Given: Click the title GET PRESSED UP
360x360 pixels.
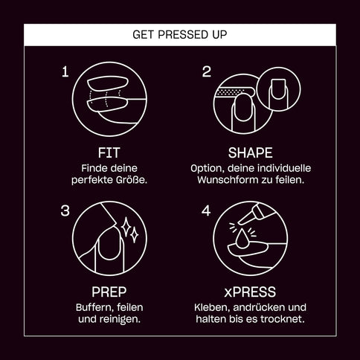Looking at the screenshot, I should point(179,34).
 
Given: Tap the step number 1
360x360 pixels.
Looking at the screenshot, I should point(65,71).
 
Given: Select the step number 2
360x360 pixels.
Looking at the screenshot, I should point(207,71).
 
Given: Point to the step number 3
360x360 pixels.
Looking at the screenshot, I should point(65,211).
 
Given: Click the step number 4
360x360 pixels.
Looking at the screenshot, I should point(207,211).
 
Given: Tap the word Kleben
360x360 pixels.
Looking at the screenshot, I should point(210,306).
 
